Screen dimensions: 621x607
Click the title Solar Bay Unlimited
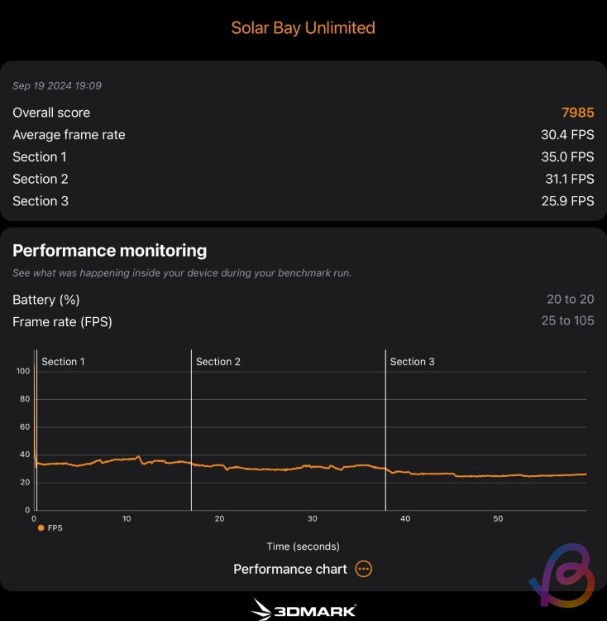[303, 27]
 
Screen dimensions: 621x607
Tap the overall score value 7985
[577, 113]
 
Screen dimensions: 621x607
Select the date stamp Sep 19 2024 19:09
[57, 86]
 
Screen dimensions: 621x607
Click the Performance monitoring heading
[110, 250]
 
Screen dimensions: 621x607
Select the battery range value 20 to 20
[569, 300]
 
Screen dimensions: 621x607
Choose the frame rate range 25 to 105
[567, 321]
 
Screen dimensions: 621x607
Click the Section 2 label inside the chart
[218, 362]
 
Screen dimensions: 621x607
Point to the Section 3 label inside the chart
[412, 362]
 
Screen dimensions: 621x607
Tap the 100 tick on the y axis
[23, 371]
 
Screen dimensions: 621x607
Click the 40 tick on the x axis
[405, 519]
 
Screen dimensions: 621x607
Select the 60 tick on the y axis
[25, 426]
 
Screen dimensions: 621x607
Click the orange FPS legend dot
[41, 527]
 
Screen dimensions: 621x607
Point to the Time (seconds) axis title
[303, 546]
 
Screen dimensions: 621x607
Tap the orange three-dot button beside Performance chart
[364, 569]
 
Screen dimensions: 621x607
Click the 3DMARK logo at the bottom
[303, 610]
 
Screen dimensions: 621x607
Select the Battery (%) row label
[46, 300]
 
